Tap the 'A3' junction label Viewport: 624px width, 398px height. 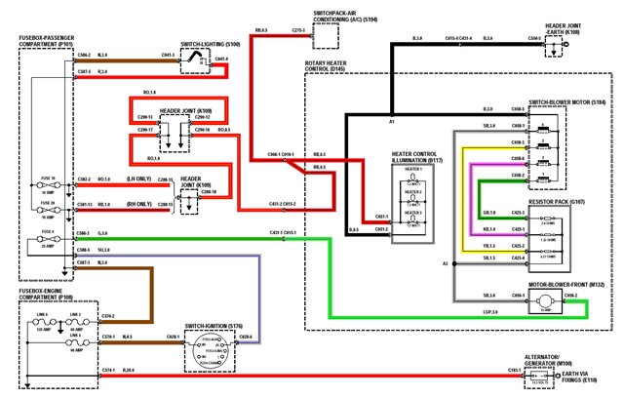[444, 263]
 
